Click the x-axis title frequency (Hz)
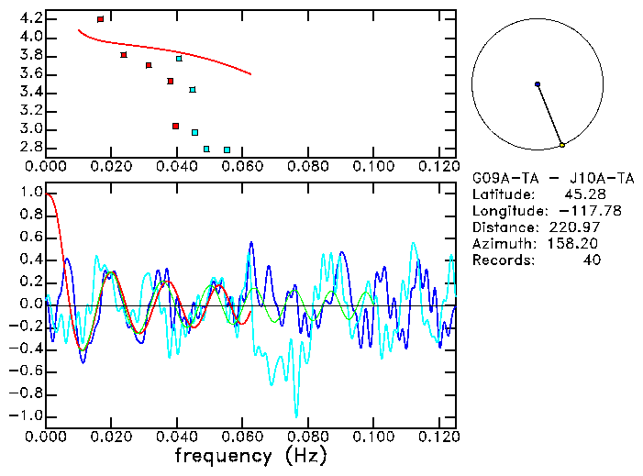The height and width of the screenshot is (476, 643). (x=249, y=455)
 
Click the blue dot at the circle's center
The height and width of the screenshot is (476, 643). (x=538, y=84)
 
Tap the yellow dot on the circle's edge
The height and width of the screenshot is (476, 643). (x=562, y=145)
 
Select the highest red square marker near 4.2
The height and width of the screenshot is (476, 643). (x=100, y=19)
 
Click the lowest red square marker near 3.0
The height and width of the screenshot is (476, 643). (x=175, y=126)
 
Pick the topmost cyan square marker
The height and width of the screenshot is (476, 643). (x=179, y=59)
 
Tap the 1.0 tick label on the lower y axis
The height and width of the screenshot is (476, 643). (x=31, y=194)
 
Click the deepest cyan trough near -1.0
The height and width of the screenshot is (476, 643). (x=296, y=415)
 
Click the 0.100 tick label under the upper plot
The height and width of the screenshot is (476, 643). (x=372, y=166)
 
